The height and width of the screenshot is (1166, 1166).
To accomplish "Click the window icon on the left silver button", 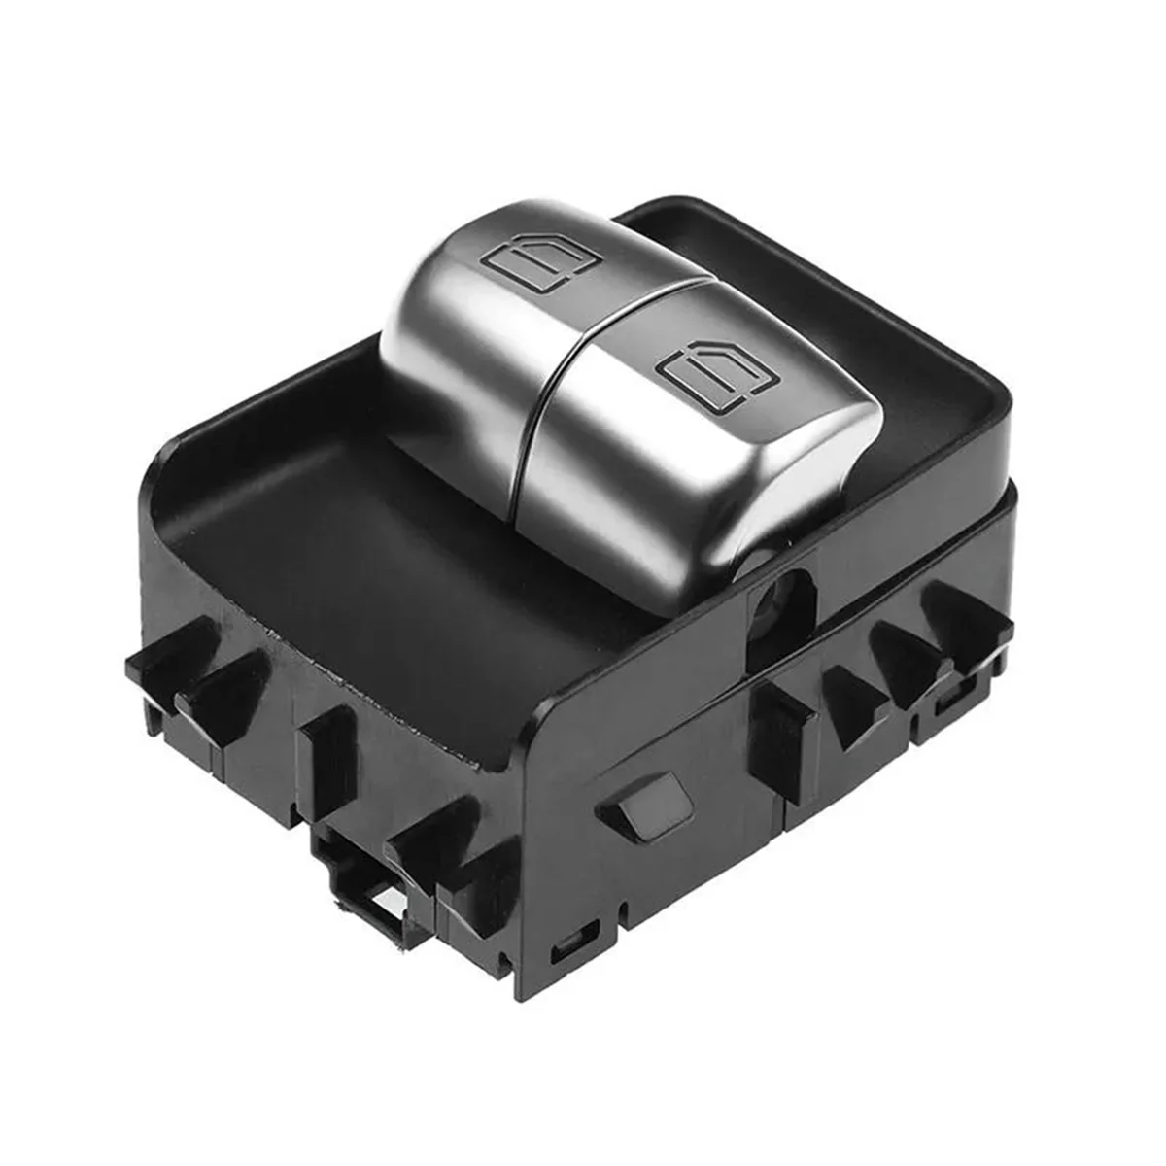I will (x=532, y=261).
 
